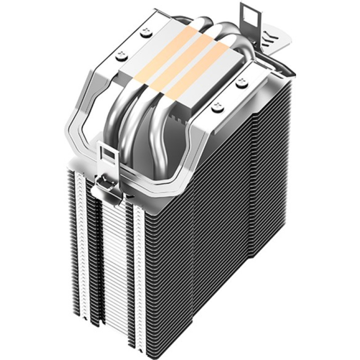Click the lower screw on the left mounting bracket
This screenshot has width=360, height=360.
121,55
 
